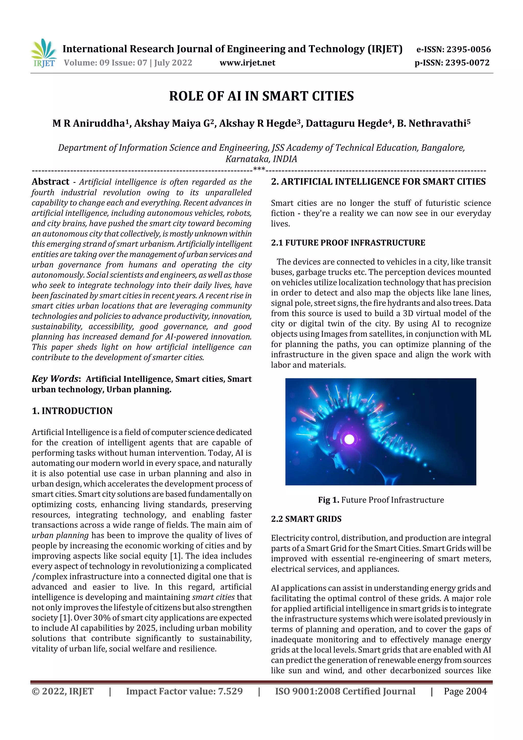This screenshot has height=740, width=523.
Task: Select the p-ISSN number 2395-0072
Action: [467, 63]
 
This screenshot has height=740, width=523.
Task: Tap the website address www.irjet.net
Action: [247, 63]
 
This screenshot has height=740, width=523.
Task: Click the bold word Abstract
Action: [50, 182]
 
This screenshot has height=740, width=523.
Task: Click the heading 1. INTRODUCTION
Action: [72, 411]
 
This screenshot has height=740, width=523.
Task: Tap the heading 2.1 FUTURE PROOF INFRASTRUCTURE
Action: [348, 243]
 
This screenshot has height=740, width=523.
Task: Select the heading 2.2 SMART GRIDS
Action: [306, 519]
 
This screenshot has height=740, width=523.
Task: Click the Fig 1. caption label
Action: [328, 500]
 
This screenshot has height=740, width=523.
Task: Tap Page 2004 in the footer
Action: [465, 691]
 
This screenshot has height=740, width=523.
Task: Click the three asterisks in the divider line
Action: [259, 169]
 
